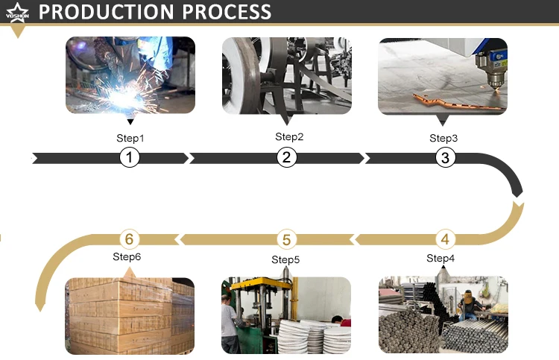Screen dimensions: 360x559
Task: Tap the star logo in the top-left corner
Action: coord(16,10)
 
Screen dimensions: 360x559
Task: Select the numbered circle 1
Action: coord(130,157)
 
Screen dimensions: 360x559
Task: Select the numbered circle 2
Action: coord(287,157)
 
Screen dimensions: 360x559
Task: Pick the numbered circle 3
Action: coord(445,157)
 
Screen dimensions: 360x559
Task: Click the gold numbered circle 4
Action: coord(445,239)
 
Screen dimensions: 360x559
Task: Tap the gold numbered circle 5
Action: coord(287,239)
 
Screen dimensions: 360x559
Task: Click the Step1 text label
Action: coord(130,138)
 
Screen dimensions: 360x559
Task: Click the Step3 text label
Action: coord(443,138)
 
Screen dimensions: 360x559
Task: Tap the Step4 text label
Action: coord(440,258)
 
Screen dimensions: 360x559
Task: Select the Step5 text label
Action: coord(285,259)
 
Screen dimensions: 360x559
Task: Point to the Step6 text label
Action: coord(127,256)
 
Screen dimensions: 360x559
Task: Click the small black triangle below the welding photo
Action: coord(130,121)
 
